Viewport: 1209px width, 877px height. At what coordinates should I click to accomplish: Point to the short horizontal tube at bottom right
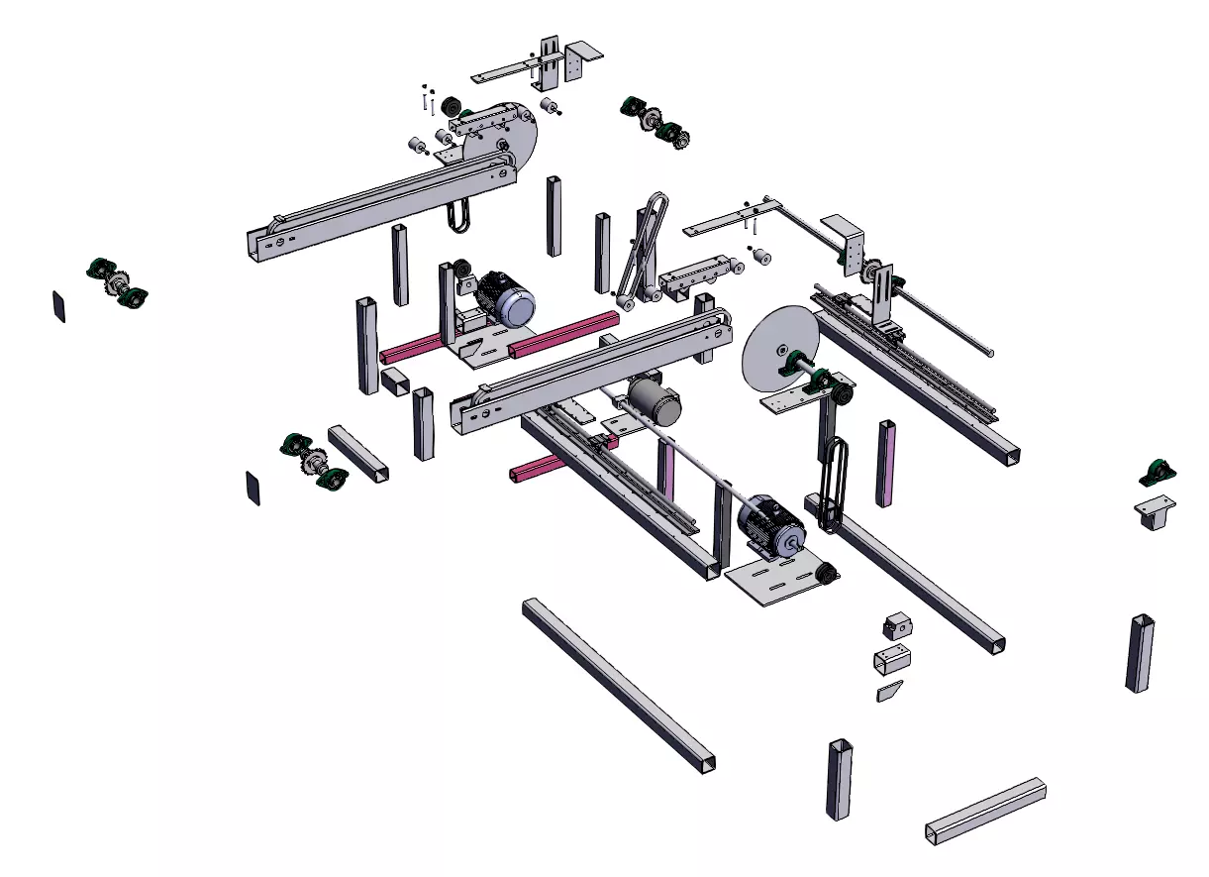pos(985,811)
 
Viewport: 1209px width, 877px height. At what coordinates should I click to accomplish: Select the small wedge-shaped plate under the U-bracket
pos(890,691)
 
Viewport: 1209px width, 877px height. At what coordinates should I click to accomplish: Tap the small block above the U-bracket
pos(897,626)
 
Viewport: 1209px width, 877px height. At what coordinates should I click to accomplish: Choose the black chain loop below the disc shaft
pos(835,481)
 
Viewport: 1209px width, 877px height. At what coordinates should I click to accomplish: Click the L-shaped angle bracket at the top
pos(572,59)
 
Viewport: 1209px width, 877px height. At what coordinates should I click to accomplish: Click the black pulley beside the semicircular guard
pos(452,106)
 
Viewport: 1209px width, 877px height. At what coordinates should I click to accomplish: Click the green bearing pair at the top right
pos(655,121)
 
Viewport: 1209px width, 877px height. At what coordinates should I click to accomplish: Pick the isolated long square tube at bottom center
pos(618,683)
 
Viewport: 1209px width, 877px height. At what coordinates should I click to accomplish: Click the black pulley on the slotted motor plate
pos(823,571)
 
